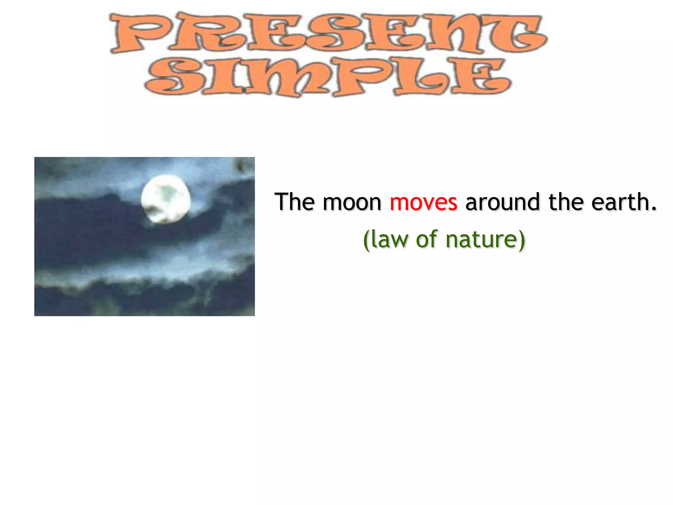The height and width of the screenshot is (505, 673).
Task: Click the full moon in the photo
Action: (166, 199)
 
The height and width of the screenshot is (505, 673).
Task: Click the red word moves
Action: (423, 202)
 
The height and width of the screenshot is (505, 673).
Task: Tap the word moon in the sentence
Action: (352, 202)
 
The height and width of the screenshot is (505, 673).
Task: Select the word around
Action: (502, 202)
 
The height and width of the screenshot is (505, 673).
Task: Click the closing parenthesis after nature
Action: (522, 240)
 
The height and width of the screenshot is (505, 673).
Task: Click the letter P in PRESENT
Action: (138, 33)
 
